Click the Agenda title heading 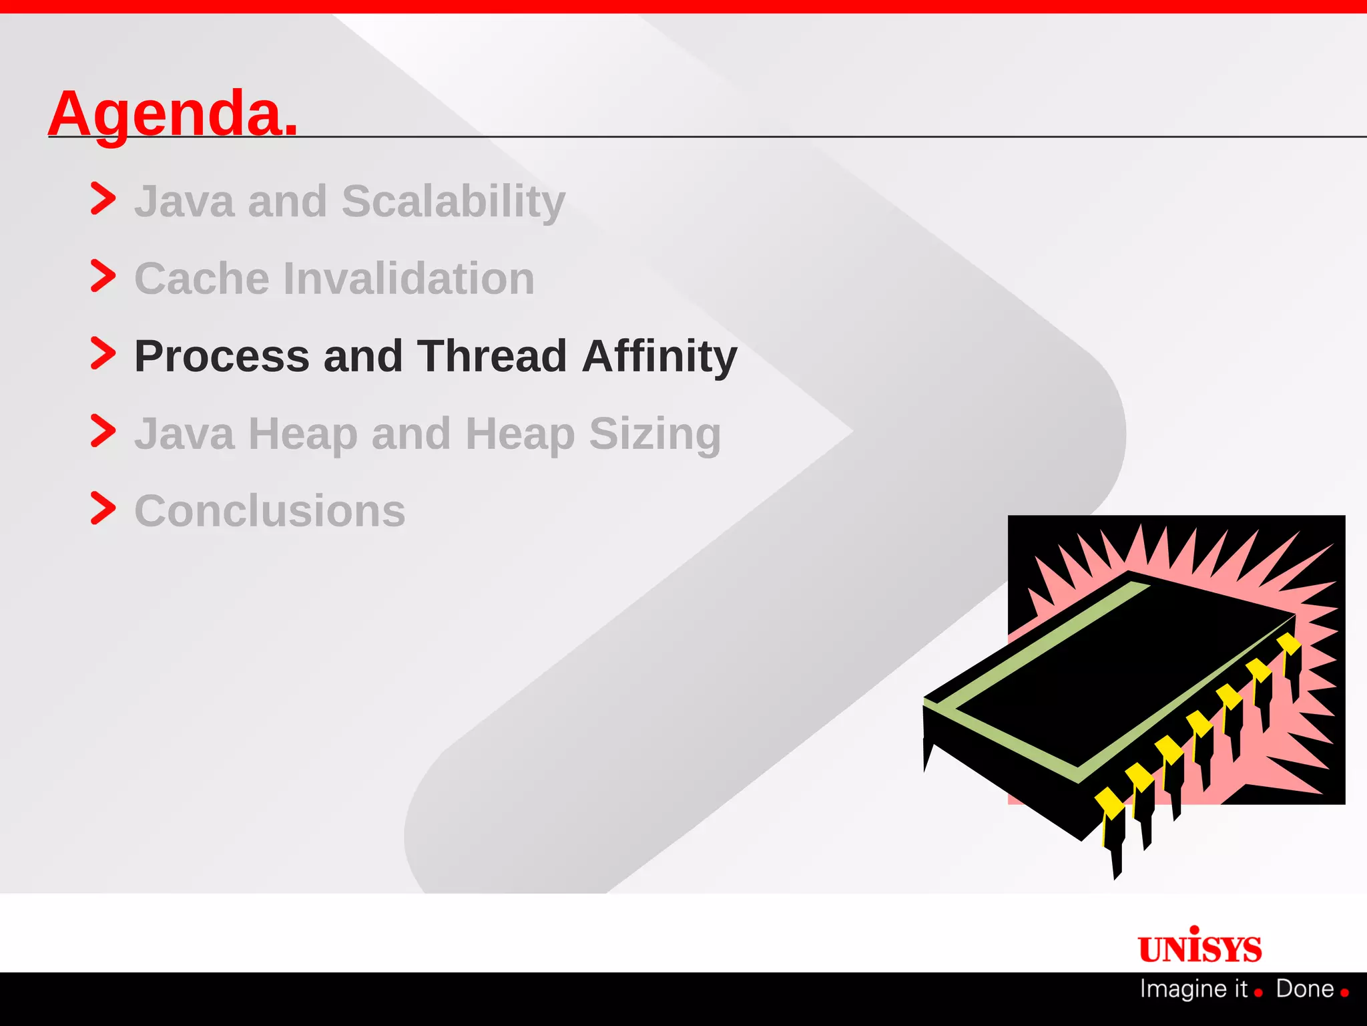(x=172, y=114)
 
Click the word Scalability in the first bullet (x=453, y=201)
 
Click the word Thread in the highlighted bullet (x=492, y=356)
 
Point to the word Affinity (x=659, y=356)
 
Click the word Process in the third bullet (x=222, y=356)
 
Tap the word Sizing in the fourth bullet (x=655, y=434)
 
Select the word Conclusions (x=270, y=511)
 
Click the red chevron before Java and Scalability (x=103, y=198)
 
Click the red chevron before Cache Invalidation (x=103, y=276)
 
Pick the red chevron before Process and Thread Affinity (x=103, y=353)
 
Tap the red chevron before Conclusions (x=103, y=508)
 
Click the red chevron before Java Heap (x=103, y=431)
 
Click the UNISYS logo (x=1199, y=947)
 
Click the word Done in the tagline (x=1304, y=989)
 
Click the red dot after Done (x=1344, y=993)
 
